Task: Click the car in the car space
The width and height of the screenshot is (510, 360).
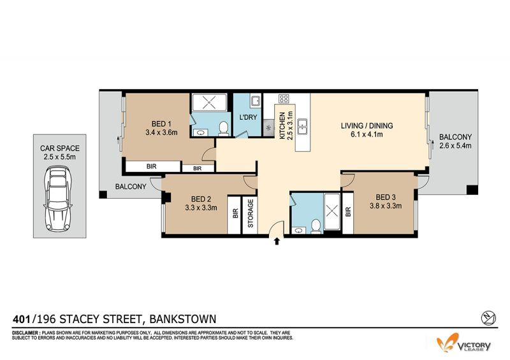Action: click(x=58, y=199)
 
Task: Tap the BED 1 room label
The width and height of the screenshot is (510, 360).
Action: click(x=161, y=124)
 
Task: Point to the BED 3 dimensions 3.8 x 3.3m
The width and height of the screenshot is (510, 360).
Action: click(x=386, y=206)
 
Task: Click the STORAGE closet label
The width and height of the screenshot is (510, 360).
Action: click(x=251, y=213)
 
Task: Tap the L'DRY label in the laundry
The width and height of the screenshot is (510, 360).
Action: click(x=248, y=117)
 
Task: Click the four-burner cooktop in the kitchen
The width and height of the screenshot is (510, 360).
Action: click(x=284, y=99)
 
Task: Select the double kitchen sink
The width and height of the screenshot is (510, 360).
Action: click(x=302, y=127)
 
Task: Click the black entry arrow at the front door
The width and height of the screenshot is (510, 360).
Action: click(x=277, y=241)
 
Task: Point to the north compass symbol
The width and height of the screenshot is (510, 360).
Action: click(x=488, y=318)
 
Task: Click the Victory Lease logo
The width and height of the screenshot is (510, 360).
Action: click(x=464, y=343)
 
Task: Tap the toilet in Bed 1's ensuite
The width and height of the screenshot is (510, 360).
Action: click(x=224, y=129)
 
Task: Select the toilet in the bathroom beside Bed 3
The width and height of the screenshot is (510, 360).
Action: click(x=316, y=226)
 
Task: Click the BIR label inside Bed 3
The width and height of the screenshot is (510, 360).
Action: click(x=348, y=212)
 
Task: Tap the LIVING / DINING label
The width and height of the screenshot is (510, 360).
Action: click(x=367, y=126)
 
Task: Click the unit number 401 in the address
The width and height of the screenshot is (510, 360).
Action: click(x=22, y=319)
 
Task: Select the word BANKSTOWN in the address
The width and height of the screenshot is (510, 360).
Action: click(x=182, y=319)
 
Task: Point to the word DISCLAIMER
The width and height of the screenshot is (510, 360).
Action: click(x=26, y=333)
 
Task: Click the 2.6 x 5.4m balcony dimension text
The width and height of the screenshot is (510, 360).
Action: click(x=455, y=146)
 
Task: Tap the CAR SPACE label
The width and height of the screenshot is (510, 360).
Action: click(x=60, y=148)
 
